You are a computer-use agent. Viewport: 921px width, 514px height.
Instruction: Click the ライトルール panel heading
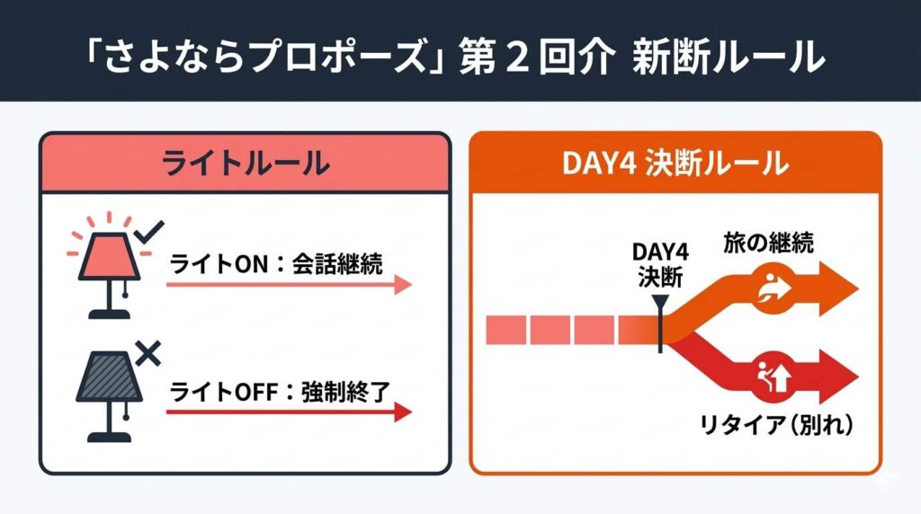pos(245,164)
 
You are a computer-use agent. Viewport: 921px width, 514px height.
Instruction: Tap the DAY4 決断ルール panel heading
pos(675,164)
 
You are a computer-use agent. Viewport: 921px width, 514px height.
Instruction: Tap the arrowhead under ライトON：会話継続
pos(402,285)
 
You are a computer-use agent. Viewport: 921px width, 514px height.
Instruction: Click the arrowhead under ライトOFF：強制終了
pos(402,412)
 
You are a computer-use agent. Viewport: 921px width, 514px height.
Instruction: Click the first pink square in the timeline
pos(505,330)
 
